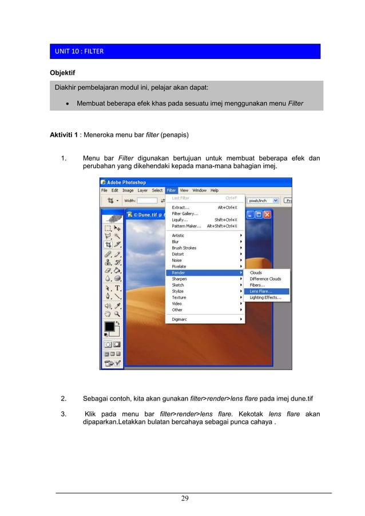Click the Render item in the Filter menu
(179, 273)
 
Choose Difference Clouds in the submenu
(265, 279)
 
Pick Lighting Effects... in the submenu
(265, 297)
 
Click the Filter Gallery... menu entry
(185, 213)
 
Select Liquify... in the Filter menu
(180, 220)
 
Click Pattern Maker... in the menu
(187, 226)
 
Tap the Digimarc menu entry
(181, 319)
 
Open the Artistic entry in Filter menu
(178, 235)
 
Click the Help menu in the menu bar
(214, 190)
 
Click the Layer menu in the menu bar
(142, 190)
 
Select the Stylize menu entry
(178, 291)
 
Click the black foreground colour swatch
(109, 327)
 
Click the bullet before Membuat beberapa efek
(68, 104)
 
